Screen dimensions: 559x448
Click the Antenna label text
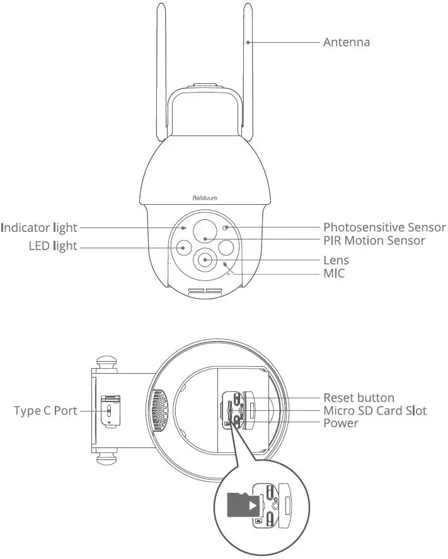(346, 42)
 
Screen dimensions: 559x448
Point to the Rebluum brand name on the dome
(205, 198)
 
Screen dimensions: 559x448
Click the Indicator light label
(39, 227)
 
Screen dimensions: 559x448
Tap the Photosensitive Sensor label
(384, 227)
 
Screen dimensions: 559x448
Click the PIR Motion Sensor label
(374, 240)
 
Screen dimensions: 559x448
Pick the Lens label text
(336, 260)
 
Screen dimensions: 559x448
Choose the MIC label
(334, 273)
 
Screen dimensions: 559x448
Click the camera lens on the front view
(206, 259)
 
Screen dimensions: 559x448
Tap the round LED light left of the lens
(183, 248)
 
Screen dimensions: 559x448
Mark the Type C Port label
(46, 411)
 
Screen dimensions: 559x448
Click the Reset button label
(359, 398)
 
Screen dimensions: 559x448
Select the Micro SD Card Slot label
(374, 411)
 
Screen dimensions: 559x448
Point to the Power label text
(340, 423)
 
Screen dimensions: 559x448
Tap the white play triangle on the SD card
(252, 505)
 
